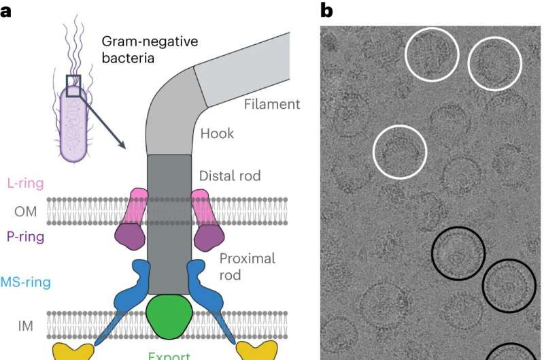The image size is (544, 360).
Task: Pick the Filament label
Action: coord(271,104)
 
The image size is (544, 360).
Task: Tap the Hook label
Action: coord(217,133)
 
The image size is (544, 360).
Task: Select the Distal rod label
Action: coord(230,176)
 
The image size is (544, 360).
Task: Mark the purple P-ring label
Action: coord(26,237)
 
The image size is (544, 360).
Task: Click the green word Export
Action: coord(169,354)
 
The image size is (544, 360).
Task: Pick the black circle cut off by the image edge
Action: coord(512,350)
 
